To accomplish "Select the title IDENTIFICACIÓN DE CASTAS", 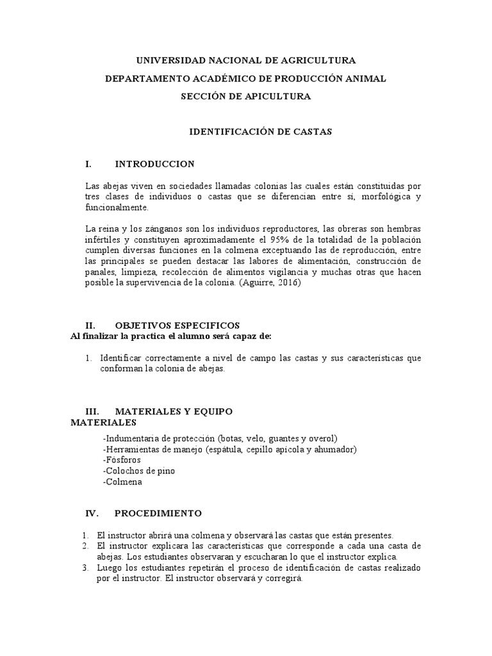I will click(x=259, y=132).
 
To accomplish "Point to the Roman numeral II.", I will click(x=90, y=325).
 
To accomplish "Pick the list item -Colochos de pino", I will click(x=138, y=471).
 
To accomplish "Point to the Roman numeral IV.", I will click(x=90, y=513).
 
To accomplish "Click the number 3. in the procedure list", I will click(x=86, y=568).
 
